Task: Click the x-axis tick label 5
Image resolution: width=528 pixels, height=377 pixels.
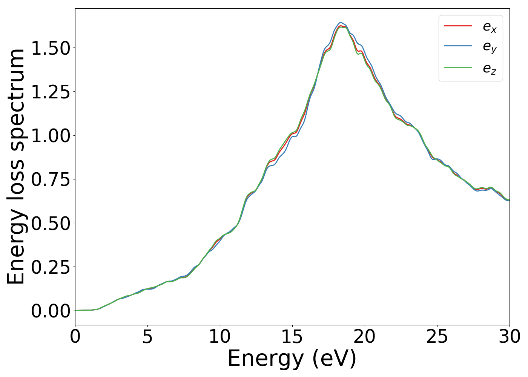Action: coord(147,336)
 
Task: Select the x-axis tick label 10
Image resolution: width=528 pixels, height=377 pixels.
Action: coord(219,336)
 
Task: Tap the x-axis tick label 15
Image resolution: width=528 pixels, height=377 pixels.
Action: coord(292,336)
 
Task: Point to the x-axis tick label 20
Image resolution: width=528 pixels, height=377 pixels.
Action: coord(365,336)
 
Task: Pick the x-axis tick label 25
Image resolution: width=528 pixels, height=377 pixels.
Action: coord(437,336)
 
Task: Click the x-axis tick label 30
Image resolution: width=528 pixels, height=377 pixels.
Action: coord(509,336)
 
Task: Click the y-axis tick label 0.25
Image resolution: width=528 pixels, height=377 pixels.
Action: coord(51,267)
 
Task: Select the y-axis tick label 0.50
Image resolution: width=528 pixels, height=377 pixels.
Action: coord(51,224)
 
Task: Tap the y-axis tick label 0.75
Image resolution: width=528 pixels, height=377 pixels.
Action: coord(51,180)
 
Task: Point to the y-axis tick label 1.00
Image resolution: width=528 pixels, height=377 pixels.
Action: coord(51,136)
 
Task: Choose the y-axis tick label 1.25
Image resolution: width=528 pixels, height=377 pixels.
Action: coord(51,92)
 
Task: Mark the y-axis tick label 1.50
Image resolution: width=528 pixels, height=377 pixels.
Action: coord(51,48)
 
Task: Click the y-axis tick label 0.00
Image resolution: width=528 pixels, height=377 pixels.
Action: coord(51,311)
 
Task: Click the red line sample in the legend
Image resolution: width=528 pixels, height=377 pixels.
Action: coord(458,26)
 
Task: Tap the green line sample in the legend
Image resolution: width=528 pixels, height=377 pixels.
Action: coord(458,67)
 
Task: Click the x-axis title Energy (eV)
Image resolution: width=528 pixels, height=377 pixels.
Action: coord(292,358)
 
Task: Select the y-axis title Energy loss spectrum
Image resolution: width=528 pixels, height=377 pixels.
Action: coord(16,166)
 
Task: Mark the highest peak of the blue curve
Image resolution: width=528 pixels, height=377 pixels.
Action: coord(341,22)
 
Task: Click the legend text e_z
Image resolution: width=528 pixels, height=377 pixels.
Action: coord(490,69)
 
